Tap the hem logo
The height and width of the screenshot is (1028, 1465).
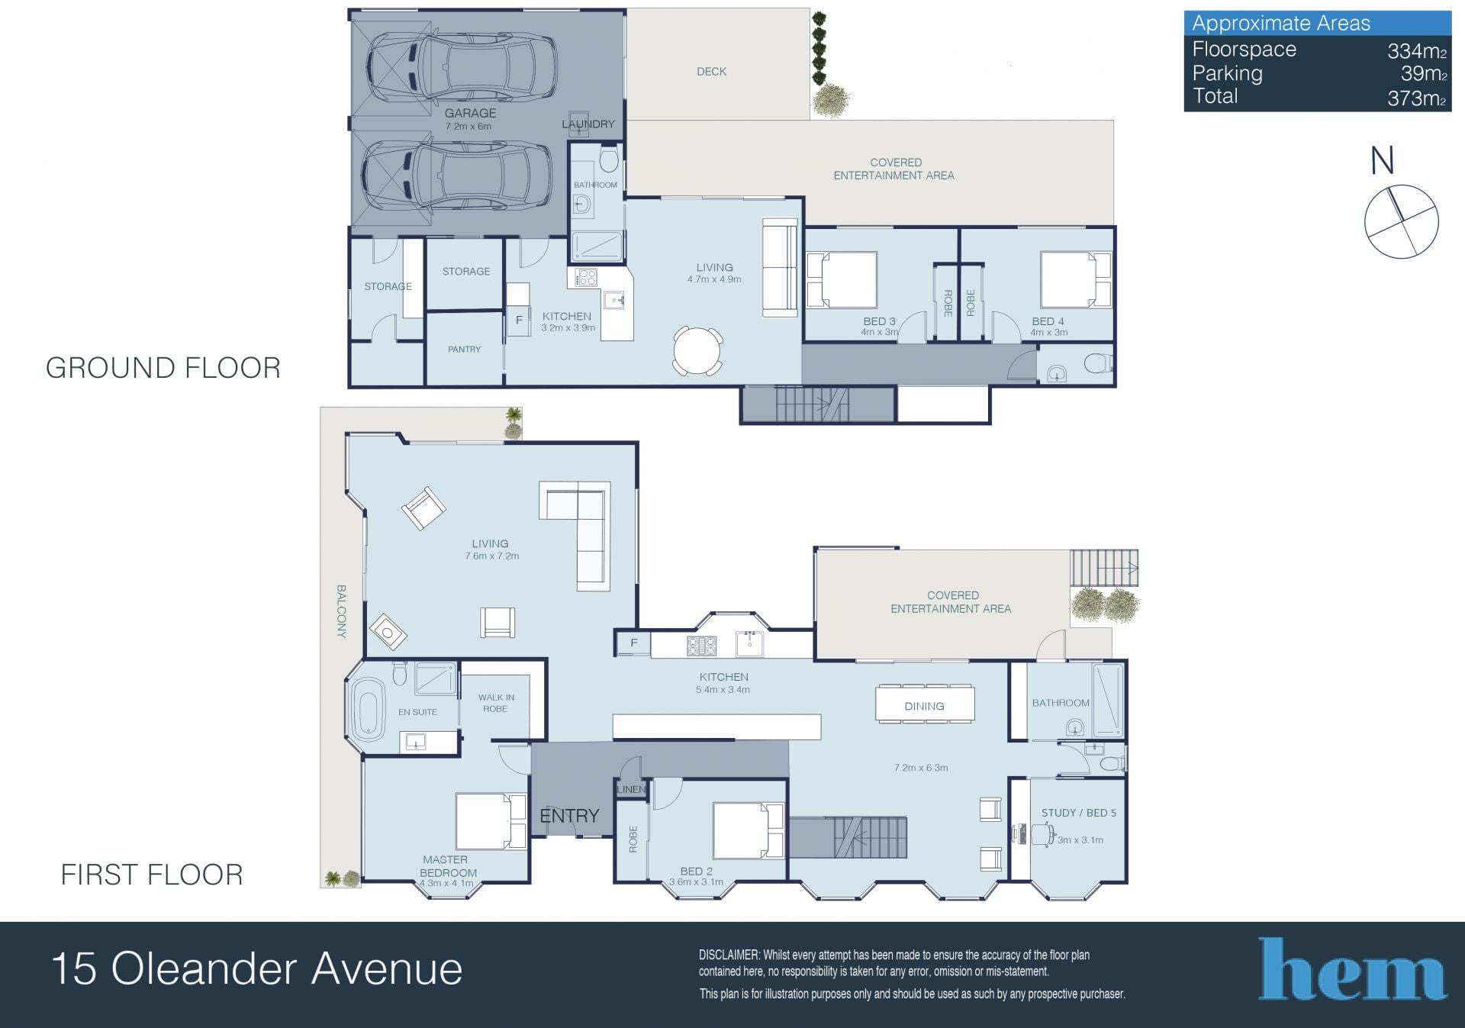pos(1352,968)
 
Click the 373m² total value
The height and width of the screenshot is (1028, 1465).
pos(1417,98)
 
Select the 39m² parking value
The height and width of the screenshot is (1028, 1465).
pos(1424,73)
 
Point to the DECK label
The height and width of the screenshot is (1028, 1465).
pos(711,72)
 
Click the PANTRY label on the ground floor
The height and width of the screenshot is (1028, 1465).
pos(464,350)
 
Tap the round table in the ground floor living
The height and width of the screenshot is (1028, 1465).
pos(697,351)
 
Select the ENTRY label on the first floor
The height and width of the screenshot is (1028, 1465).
pos(569,816)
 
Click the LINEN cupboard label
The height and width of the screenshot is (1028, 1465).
pos(631,789)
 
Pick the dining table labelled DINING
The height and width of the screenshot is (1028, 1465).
pos(925,704)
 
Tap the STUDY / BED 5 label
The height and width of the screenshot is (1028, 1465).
pos(1078,813)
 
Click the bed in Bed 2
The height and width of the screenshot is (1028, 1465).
pos(749,831)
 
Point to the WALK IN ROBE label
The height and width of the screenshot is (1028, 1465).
pos(496,703)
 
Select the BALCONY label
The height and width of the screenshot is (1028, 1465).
pos(341,611)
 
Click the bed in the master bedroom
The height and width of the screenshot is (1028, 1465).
pos(491,821)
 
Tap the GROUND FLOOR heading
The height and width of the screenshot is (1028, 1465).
pos(163,368)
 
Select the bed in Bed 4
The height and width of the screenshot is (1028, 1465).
pos(1076,280)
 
